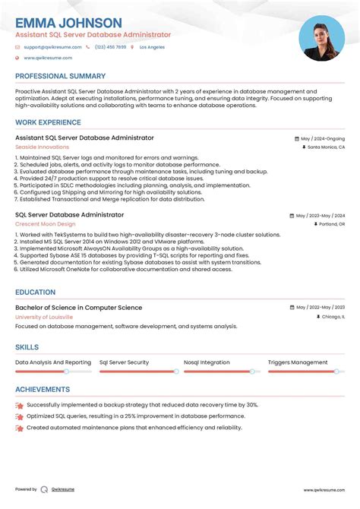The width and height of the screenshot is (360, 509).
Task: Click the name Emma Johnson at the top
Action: click(68, 23)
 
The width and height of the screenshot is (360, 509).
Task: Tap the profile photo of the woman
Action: click(322, 39)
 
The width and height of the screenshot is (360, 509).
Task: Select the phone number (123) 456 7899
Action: click(110, 47)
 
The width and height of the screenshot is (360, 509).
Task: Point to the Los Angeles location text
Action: click(152, 47)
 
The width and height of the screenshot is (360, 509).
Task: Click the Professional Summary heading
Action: click(60, 76)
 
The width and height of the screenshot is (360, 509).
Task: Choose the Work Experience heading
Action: click(47, 122)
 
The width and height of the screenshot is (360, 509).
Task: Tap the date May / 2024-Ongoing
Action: click(322, 139)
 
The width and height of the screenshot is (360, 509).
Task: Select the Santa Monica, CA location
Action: click(325, 147)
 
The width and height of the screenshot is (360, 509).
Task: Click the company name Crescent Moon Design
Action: click(45, 224)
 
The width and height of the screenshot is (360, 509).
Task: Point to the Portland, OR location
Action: click(330, 225)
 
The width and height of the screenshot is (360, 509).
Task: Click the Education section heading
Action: click(35, 292)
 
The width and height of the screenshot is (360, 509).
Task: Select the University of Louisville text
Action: click(45, 317)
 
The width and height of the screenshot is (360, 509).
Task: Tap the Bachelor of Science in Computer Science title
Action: click(78, 308)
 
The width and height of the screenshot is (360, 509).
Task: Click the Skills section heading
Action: click(27, 347)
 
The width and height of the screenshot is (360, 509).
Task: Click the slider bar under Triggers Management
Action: click(304, 371)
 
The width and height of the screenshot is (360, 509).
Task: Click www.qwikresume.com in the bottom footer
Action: click(325, 490)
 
